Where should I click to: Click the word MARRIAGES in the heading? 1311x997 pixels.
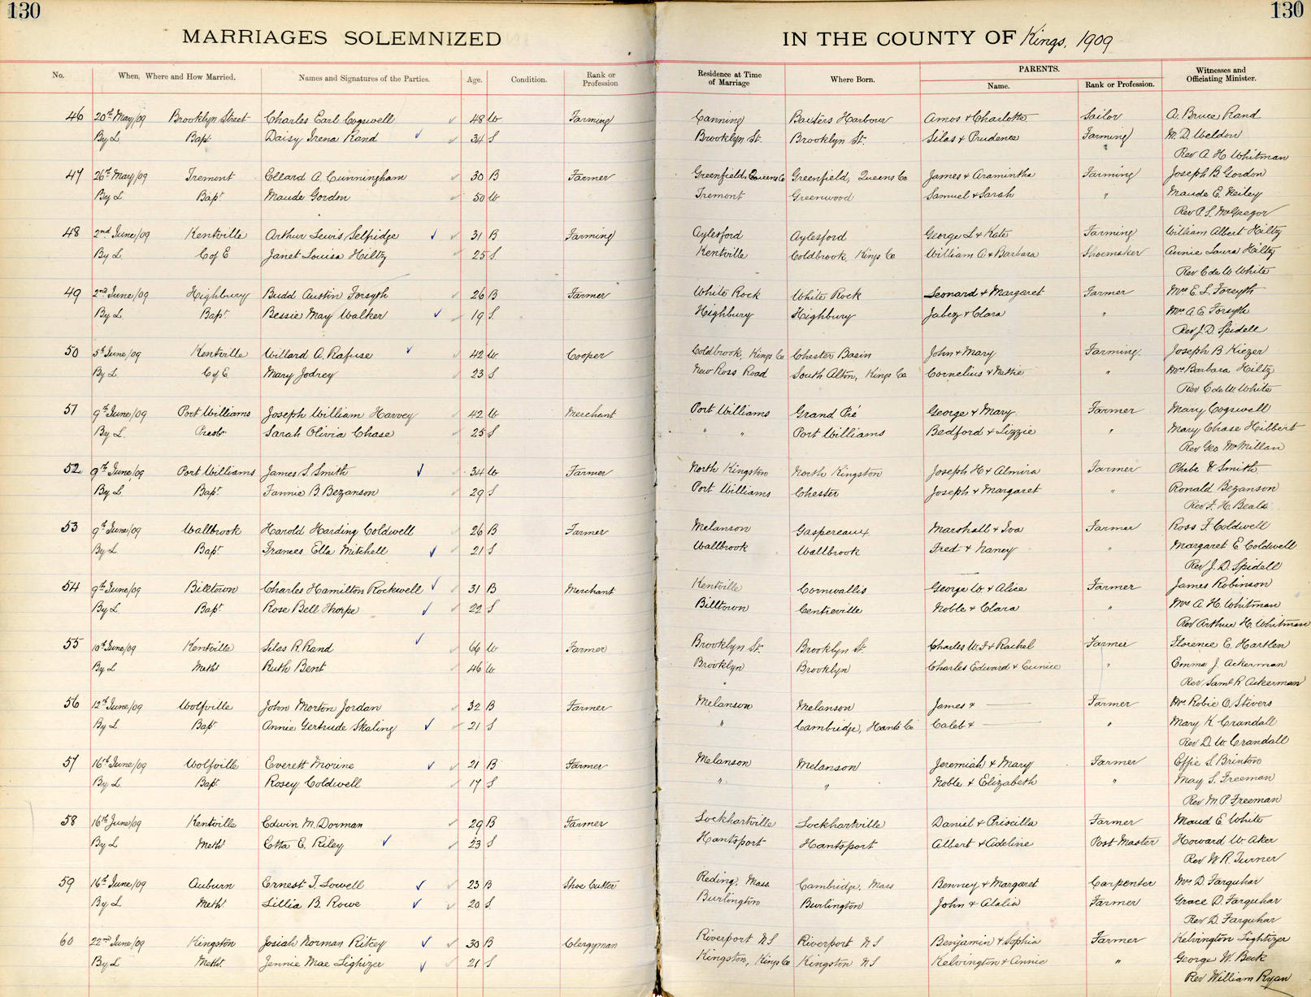(254, 38)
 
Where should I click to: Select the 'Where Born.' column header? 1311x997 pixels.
(852, 80)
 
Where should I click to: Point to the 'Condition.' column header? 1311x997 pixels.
(528, 80)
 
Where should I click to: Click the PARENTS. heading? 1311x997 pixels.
(1038, 69)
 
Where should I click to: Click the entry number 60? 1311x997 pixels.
(67, 941)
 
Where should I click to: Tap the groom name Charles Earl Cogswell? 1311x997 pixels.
(329, 118)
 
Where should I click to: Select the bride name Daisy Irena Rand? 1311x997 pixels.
(321, 137)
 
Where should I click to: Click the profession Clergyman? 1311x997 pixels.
(591, 944)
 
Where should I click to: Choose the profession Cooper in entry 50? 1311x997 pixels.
(586, 355)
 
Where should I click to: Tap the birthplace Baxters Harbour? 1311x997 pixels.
(840, 119)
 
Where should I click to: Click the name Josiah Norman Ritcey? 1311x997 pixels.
(323, 944)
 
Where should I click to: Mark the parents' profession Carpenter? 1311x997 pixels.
(1119, 882)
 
